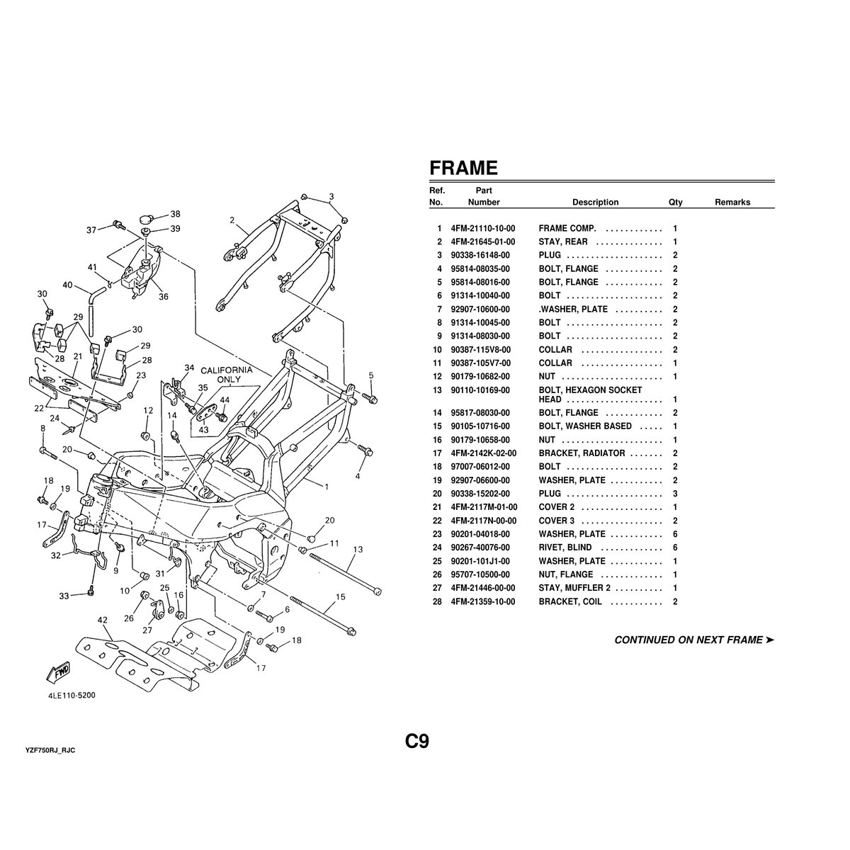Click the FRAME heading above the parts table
coord(464,168)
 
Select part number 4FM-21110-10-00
coord(482,229)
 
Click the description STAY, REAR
coord(563,242)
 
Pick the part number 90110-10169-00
coord(482,390)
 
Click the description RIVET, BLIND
coord(565,548)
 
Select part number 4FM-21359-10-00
coord(482,602)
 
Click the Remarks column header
coord(732,203)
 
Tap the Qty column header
coord(675,203)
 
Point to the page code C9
coord(417,741)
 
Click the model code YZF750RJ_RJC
coord(50,749)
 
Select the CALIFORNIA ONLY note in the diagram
coord(226,375)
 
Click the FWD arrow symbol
coord(59,671)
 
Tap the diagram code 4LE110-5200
coord(67,695)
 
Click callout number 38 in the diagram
coord(175,214)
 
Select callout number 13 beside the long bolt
coord(358,550)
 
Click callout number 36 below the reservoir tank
coord(164,297)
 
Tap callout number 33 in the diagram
coord(64,596)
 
